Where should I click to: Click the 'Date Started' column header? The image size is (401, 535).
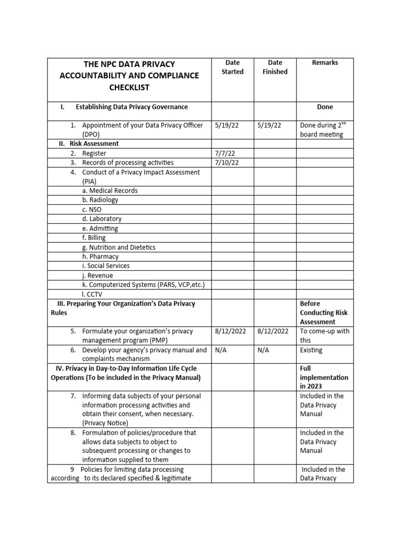232,67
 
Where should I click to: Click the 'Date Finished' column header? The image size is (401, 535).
275,67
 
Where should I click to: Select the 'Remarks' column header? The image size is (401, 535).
325,63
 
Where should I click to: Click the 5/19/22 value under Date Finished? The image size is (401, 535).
269,125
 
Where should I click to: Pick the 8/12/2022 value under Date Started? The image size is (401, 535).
232,331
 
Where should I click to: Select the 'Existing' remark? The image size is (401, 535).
311,350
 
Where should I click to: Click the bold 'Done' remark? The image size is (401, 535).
325,107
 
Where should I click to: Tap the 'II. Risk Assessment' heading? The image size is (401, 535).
88,144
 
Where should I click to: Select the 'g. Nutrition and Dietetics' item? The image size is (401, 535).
119,247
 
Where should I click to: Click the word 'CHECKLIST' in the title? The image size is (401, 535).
129,88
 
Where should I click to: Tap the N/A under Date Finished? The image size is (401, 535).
264,350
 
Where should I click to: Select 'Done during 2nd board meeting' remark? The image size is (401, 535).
322,130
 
